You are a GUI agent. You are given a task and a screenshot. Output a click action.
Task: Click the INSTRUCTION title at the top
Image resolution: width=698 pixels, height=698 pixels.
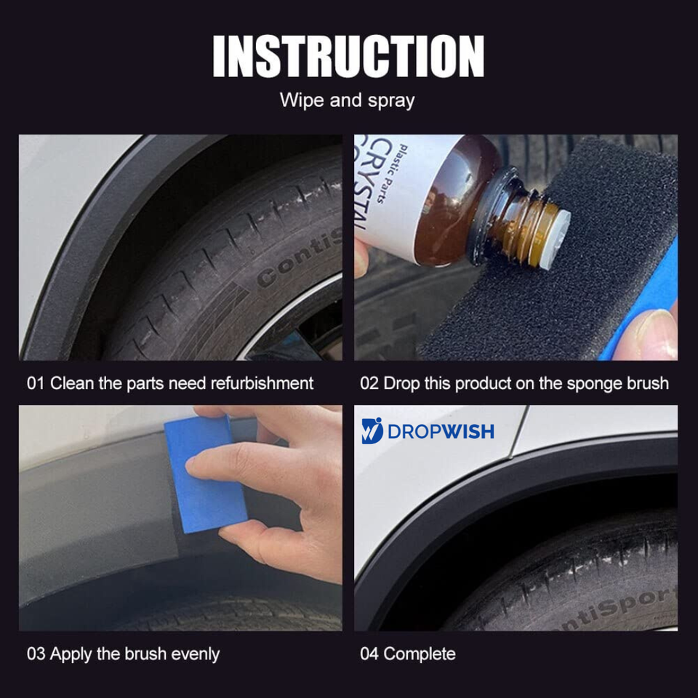point(348,56)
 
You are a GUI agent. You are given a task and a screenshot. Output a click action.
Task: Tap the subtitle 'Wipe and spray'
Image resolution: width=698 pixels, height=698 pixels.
point(348,100)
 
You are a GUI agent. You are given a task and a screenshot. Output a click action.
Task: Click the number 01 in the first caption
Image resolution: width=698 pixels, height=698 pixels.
point(36,383)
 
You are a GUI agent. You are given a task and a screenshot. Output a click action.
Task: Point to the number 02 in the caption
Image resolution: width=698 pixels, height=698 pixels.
point(369,383)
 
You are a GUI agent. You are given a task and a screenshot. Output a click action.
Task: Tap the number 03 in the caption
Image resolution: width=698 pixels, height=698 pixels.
point(36,654)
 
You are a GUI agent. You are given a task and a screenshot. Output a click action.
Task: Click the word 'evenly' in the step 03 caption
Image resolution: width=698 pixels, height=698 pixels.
point(195,654)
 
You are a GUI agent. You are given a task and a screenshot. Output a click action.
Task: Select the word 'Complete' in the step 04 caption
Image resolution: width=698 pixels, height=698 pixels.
point(419,654)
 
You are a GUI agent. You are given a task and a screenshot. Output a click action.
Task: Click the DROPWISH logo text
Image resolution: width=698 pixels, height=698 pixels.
point(441,431)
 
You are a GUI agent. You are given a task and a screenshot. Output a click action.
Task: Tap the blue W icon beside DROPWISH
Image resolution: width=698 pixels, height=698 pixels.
point(372,430)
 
